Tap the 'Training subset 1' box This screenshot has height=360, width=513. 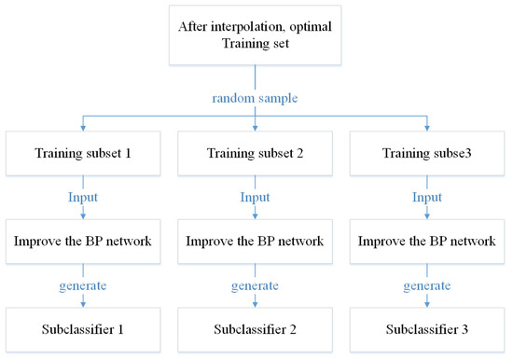pyautogui.click(x=83, y=152)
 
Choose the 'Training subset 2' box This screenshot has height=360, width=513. pyautogui.click(x=255, y=152)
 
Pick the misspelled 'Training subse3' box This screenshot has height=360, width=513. pyautogui.click(x=427, y=152)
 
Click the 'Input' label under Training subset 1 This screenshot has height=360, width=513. pyautogui.click(x=83, y=198)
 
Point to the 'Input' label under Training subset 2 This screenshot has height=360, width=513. pyautogui.click(x=255, y=198)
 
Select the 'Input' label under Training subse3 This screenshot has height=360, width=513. pyautogui.click(x=427, y=198)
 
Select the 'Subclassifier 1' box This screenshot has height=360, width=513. pyautogui.click(x=83, y=329)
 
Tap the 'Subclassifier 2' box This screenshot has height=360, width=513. pyautogui.click(x=255, y=329)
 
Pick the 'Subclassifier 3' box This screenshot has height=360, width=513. pyautogui.click(x=427, y=329)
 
